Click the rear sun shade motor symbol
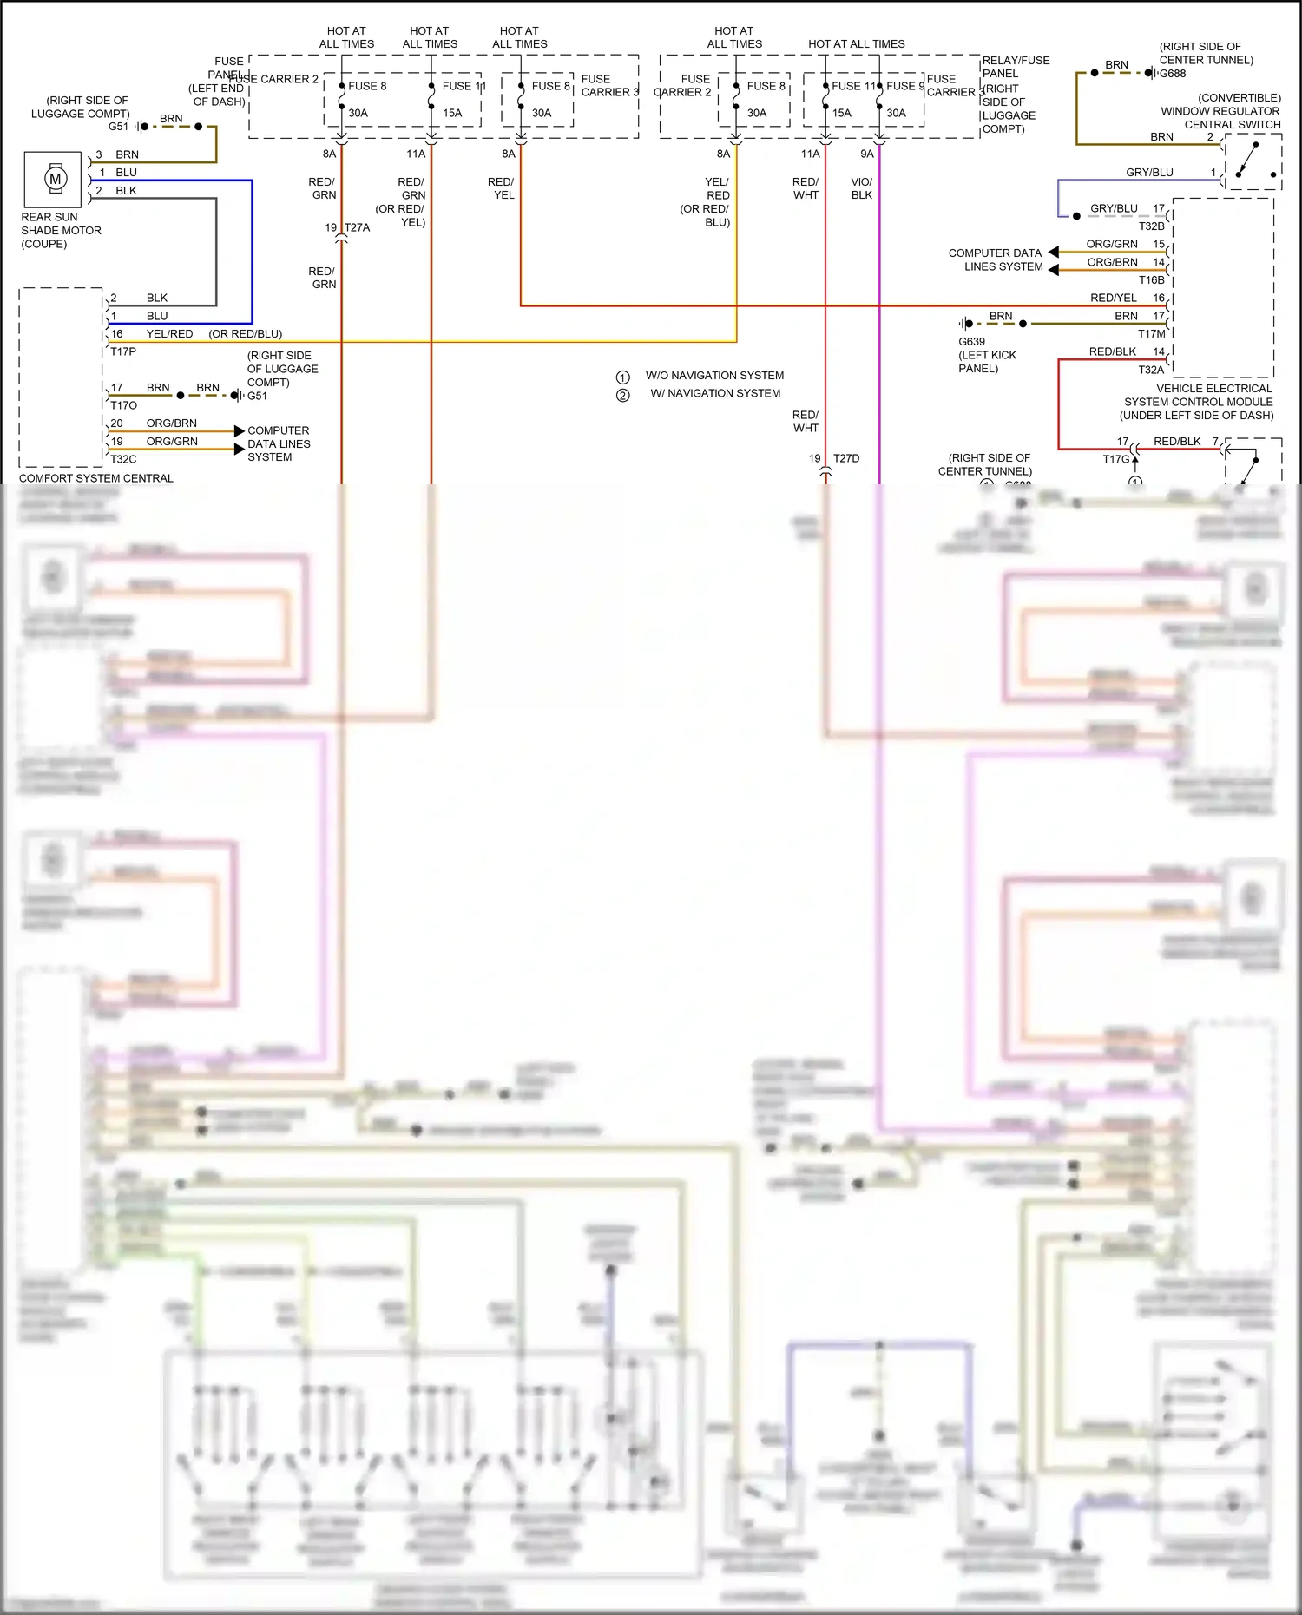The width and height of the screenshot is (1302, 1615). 56,180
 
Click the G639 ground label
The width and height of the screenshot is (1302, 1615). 971,342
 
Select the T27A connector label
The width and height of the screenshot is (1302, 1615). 357,228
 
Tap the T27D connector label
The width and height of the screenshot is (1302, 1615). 846,459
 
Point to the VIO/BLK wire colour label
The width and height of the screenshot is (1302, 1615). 861,188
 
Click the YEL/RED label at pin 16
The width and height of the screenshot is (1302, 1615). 169,334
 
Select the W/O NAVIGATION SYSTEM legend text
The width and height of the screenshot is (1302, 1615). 714,376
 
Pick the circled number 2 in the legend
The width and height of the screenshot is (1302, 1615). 622,396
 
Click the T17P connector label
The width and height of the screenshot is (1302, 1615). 123,352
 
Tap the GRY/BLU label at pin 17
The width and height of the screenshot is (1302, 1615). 1114,209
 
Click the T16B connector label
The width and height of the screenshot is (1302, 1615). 1151,280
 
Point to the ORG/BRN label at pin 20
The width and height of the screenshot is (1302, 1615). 171,423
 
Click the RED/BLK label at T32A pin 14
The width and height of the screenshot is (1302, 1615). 1112,352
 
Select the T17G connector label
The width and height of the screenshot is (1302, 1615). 1116,460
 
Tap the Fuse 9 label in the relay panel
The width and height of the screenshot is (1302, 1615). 904,86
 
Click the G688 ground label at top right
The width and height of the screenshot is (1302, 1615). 1173,74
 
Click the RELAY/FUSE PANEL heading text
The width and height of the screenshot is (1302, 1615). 1015,67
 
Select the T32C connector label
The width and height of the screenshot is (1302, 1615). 123,460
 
